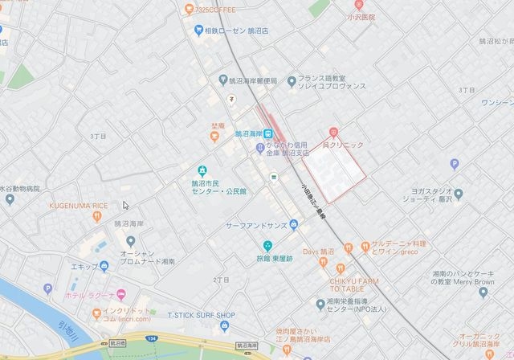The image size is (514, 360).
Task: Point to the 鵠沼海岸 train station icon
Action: click(x=268, y=134)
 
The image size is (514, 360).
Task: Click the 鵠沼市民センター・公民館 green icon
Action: click(x=202, y=171)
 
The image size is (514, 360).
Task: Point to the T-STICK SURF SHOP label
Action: click(x=202, y=315)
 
